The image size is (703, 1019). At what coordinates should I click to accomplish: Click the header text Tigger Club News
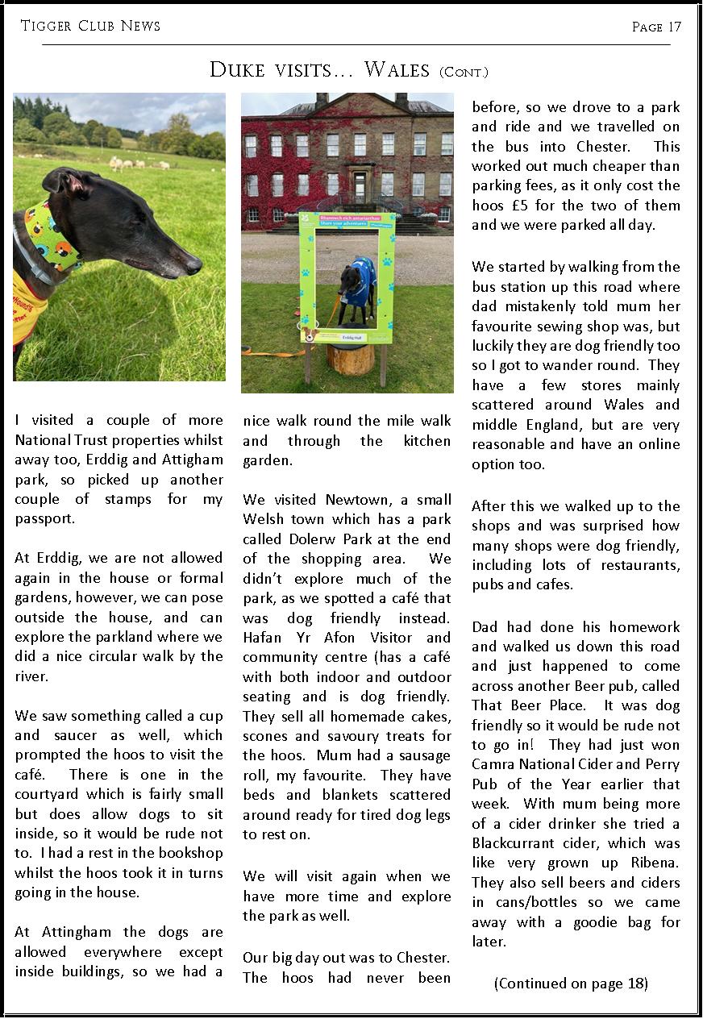[x=90, y=27]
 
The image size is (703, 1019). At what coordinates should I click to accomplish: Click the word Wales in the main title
[x=397, y=70]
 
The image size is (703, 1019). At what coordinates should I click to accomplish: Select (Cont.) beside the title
[x=464, y=73]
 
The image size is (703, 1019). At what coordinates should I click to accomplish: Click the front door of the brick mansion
[x=360, y=187]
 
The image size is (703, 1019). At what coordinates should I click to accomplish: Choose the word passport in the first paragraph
[x=45, y=518]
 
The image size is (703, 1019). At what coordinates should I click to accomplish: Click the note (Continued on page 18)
[x=571, y=983]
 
